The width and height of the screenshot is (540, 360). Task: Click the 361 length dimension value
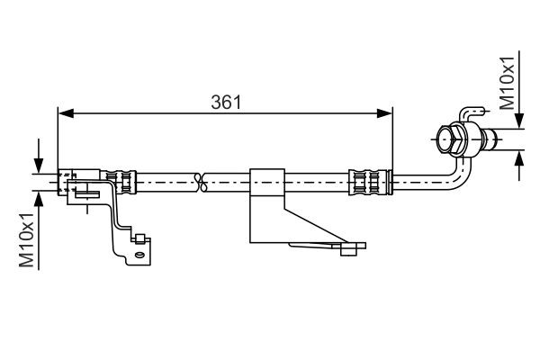click(x=225, y=102)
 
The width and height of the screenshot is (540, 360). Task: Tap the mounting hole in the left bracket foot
click(x=139, y=256)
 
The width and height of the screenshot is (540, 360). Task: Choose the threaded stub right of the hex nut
click(x=490, y=139)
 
